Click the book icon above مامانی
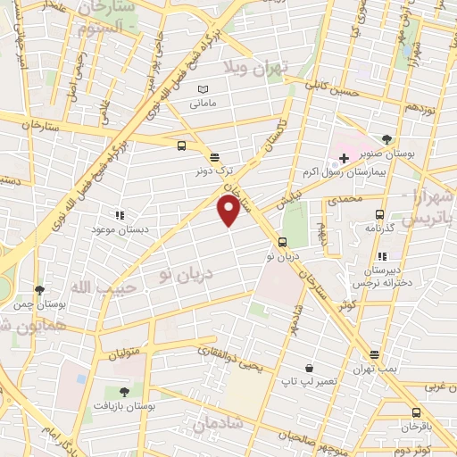click(203, 89)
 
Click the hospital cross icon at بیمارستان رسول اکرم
click(343, 158)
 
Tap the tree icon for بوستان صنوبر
click(386, 138)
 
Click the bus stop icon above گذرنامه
click(380, 214)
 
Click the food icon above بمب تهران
click(373, 354)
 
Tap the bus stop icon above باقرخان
click(416, 412)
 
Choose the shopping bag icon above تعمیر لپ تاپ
click(309, 368)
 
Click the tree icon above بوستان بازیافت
click(124, 391)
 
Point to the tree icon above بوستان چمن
click(38, 290)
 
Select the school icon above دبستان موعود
click(119, 215)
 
